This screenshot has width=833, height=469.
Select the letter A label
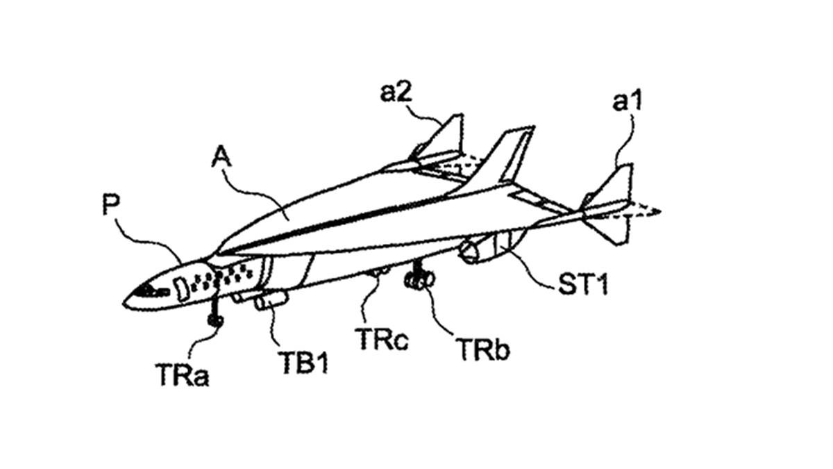pos(222,161)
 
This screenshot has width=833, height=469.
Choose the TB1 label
pos(303,361)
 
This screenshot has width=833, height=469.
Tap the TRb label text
pos(482,349)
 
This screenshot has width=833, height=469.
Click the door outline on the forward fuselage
pos(181,286)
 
